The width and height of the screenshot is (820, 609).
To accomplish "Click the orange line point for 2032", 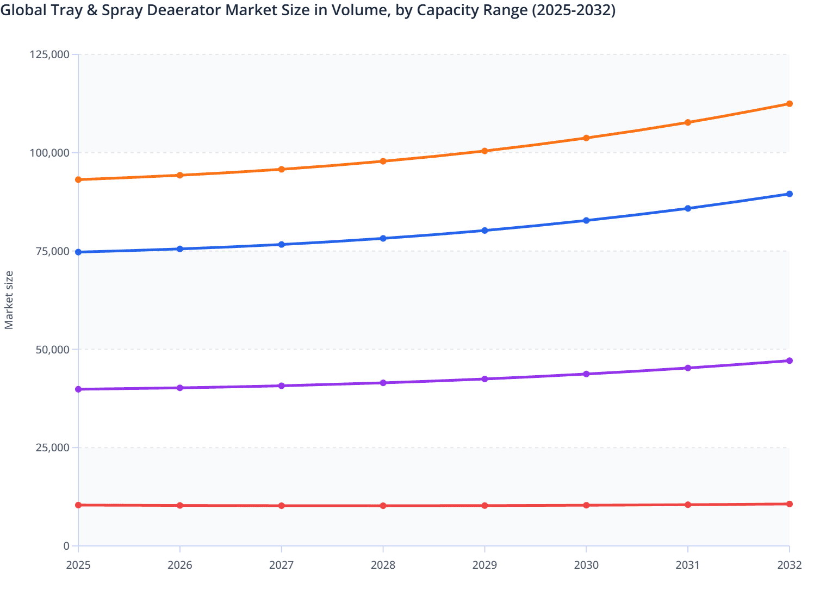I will [x=789, y=104].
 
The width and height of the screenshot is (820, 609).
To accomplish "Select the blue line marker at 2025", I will [x=78, y=252].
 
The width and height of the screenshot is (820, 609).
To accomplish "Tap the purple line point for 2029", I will [x=484, y=379].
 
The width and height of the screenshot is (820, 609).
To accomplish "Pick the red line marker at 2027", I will [x=282, y=506].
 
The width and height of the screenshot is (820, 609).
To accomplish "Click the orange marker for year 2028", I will [x=383, y=161].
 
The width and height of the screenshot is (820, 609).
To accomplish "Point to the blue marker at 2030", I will [x=586, y=221].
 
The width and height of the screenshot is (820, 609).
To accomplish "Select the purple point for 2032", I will [x=789, y=361].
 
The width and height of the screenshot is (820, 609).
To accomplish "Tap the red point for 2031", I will [x=688, y=505].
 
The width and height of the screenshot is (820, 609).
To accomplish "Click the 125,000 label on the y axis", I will [x=49, y=54].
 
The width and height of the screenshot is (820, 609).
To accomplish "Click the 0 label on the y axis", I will [x=66, y=546].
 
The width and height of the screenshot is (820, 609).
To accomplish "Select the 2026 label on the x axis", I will [x=180, y=565].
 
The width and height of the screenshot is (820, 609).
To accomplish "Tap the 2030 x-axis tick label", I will [x=586, y=565].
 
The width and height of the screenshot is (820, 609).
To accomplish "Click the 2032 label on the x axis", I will [x=789, y=565].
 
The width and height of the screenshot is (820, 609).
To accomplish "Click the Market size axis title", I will [x=9, y=300].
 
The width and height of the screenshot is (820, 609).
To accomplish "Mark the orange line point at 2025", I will [x=78, y=179].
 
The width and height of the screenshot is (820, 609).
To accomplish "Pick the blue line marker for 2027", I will [x=282, y=245].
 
